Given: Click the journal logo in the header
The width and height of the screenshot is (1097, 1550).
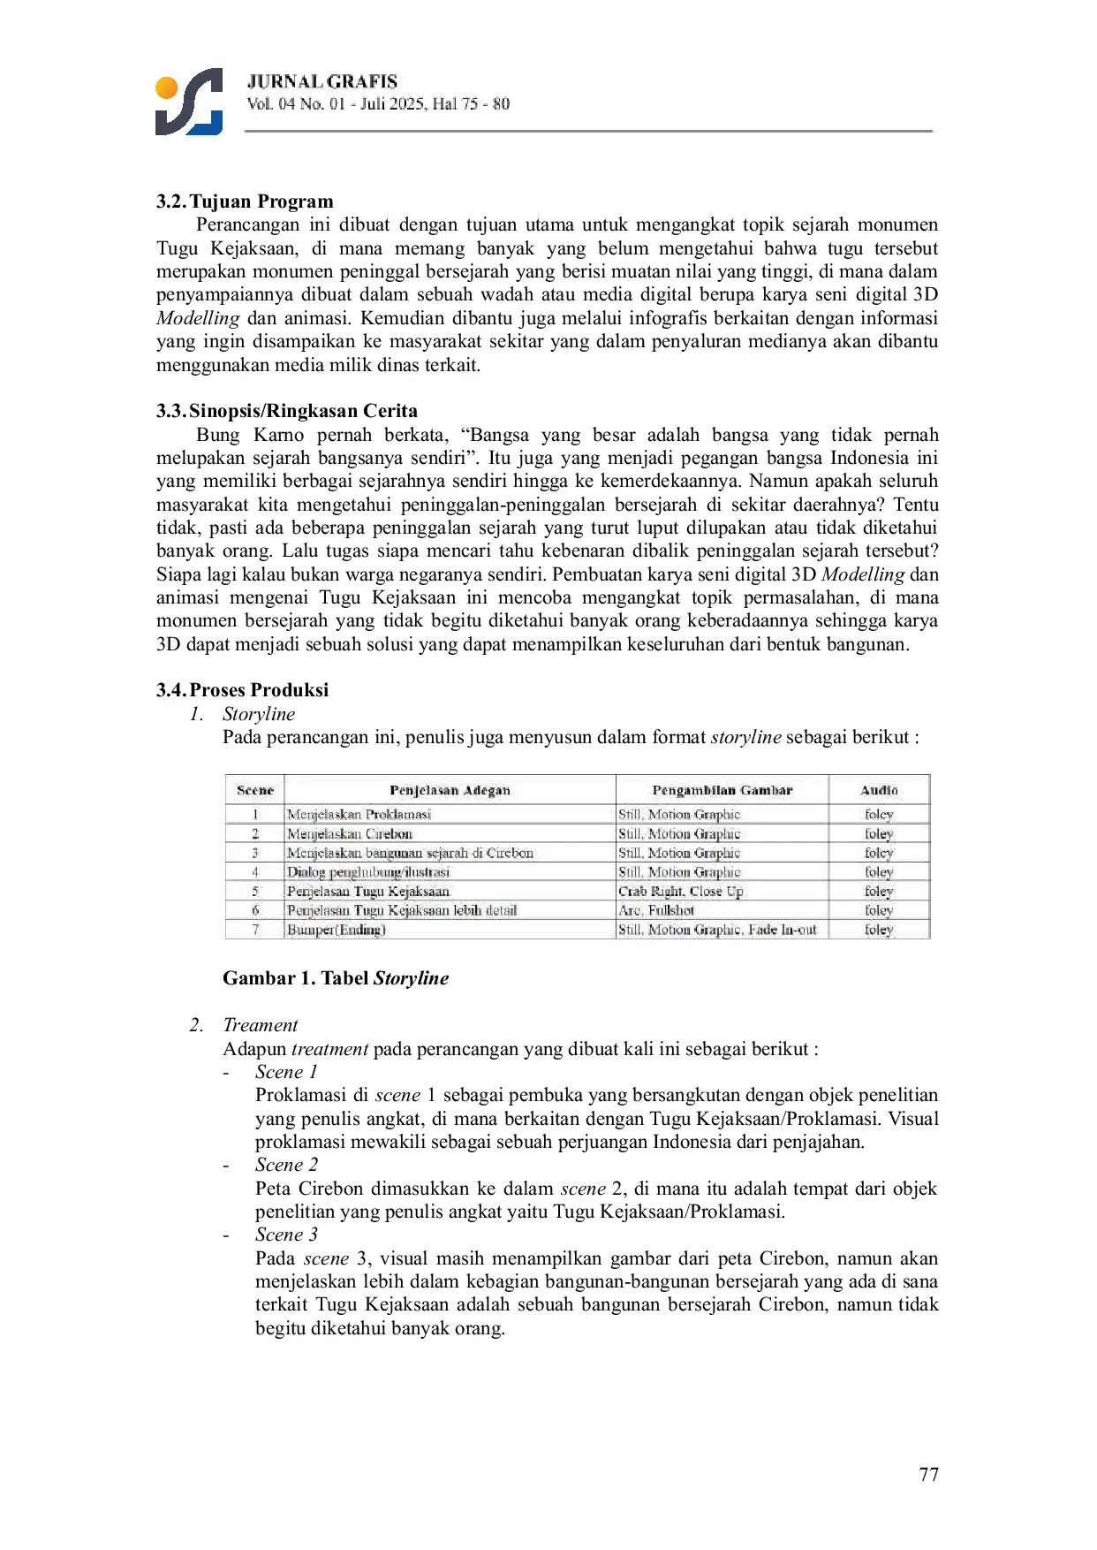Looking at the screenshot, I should pos(188,102).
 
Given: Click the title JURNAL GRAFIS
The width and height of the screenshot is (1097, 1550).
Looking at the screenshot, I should pos(322,81).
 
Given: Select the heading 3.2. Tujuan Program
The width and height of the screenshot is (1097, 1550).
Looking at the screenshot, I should pos(245,201).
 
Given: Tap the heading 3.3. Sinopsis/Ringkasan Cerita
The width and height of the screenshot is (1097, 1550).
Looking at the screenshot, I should pos(287,411).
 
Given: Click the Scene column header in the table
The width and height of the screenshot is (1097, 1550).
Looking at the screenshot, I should pos(255,790).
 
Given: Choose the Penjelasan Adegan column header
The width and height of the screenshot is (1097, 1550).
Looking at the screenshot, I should pos(450,790).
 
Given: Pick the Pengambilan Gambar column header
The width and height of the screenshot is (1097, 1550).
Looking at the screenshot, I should pos(722,790).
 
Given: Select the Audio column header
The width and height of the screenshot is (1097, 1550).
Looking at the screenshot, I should pos(879,790).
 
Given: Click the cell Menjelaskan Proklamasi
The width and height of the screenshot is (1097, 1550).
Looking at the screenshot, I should pos(359,815).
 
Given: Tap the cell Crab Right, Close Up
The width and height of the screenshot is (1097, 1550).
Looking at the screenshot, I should pos(681,892).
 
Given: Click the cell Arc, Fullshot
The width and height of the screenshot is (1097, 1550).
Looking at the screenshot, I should pos(656,910).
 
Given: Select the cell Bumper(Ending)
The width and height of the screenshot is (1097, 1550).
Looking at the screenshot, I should pos(337,930).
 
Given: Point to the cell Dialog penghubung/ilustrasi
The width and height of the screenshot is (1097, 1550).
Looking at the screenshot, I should pos(368,872).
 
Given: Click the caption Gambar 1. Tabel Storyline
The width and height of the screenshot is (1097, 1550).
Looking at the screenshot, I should pos(336,978).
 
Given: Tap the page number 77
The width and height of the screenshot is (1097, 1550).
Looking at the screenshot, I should pos(928,1475).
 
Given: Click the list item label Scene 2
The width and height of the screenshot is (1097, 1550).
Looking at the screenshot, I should pos(286,1165).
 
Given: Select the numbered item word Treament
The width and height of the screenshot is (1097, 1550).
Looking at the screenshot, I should pos(261,1025).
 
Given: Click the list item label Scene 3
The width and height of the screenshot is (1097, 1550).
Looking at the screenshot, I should pos(286,1235).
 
